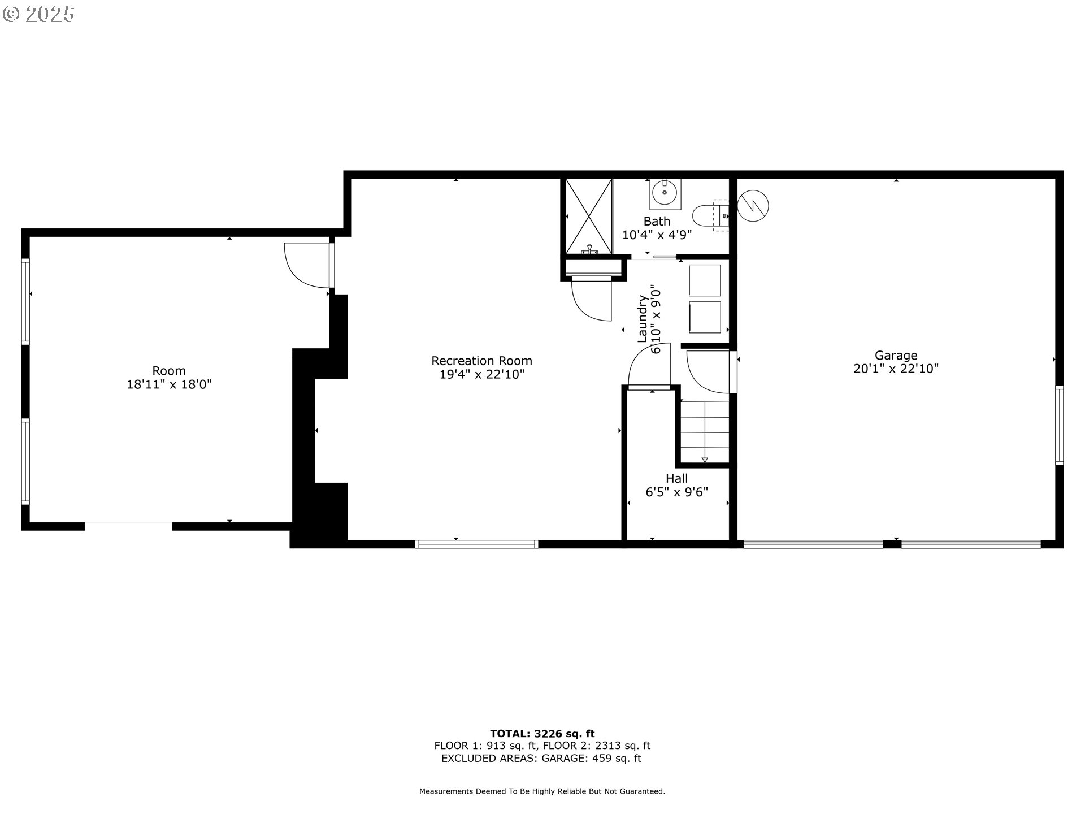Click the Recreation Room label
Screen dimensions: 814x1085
point(481,361)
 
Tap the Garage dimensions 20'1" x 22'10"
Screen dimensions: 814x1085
point(896,369)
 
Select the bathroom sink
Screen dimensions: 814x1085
point(665,193)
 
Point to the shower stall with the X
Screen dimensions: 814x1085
point(589,215)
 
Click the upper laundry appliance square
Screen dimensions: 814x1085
point(705,280)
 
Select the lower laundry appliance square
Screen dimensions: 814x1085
point(705,317)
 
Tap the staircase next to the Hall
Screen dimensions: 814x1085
point(704,432)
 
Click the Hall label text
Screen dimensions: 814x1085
point(676,479)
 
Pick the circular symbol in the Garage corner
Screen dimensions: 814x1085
point(753,206)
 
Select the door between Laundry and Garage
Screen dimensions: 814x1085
point(709,371)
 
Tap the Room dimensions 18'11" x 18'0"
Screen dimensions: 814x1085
point(169,385)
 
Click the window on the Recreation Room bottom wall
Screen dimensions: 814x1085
point(476,544)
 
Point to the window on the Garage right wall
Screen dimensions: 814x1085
point(1059,425)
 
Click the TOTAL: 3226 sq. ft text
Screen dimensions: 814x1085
point(542,734)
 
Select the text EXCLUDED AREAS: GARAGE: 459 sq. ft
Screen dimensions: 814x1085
point(541,759)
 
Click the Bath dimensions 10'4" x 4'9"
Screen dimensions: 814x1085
point(657,235)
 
